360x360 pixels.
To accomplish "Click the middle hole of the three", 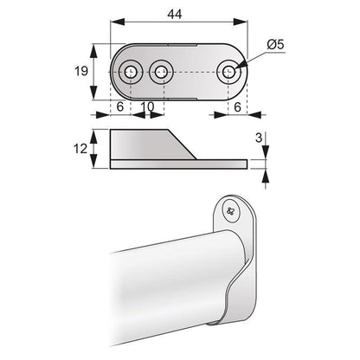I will coord(158,73).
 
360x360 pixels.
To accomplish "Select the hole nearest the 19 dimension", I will coord(132,73).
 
